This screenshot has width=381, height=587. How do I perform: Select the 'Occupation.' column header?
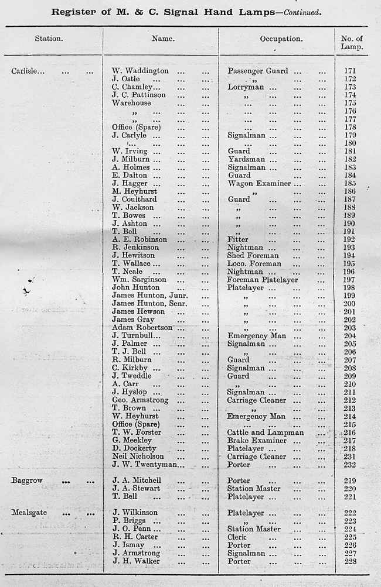[x=281, y=39]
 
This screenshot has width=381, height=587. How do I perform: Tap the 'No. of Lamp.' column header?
[x=352, y=43]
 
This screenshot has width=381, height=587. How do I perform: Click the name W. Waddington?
[x=140, y=71]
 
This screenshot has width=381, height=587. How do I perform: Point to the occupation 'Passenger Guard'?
[x=258, y=71]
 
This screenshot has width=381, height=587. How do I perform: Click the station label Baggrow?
[x=27, y=480]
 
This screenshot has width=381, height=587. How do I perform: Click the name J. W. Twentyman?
[x=148, y=465]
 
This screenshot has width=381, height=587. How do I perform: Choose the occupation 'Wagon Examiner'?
[x=259, y=183]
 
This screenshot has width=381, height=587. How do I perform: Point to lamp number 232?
[x=351, y=465]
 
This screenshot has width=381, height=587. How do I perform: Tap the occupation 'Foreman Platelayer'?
[x=263, y=280]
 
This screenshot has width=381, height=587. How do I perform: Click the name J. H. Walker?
[x=136, y=561]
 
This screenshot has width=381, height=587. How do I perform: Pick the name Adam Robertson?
[x=142, y=328]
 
